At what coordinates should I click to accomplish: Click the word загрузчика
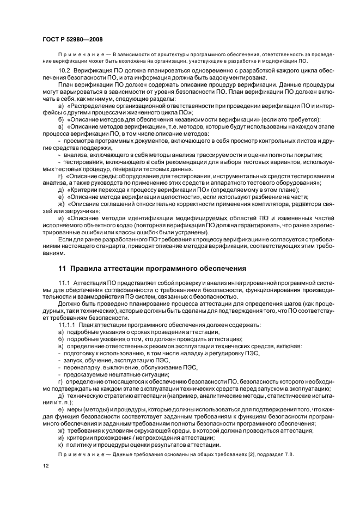pyautogui.click(x=83, y=210)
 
